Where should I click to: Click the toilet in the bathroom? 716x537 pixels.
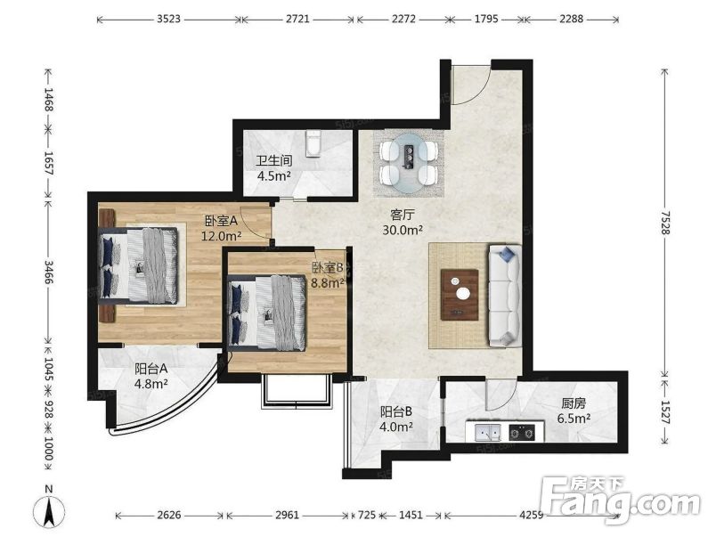click(x=313, y=143)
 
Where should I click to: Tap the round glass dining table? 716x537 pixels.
click(x=409, y=163)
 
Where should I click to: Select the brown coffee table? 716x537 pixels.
click(x=460, y=295)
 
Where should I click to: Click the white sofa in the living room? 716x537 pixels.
click(x=505, y=296)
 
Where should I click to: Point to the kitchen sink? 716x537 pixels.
click(x=487, y=432)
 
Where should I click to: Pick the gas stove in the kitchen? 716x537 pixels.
click(x=523, y=432)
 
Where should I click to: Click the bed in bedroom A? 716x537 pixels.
click(x=138, y=265)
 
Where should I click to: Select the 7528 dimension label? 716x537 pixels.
click(x=664, y=223)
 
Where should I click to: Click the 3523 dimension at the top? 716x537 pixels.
click(x=169, y=20)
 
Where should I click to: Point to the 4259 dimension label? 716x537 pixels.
click(x=532, y=515)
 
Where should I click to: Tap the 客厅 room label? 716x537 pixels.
click(x=403, y=214)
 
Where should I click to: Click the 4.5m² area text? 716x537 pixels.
click(x=274, y=175)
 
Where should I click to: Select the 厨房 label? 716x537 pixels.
click(x=574, y=403)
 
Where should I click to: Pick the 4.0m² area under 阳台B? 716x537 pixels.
click(x=397, y=427)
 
